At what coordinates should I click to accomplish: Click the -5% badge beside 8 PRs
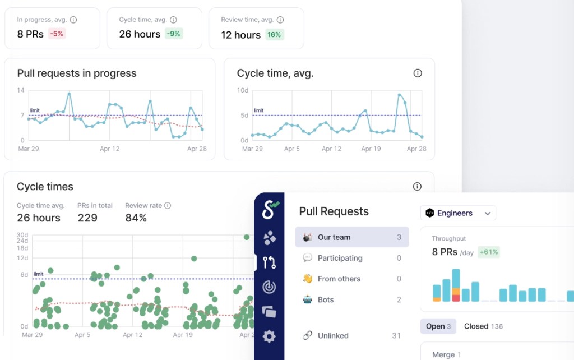click(x=57, y=34)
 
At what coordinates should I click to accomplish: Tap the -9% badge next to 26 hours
click(x=174, y=34)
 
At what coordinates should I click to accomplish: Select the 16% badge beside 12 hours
click(x=274, y=34)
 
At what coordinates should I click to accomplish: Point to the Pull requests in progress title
click(x=77, y=73)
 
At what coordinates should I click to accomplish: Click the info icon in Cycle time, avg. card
click(x=417, y=73)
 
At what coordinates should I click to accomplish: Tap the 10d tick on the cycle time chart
click(x=243, y=90)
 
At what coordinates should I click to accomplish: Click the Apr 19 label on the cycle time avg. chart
click(x=371, y=149)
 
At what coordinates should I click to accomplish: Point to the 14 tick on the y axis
click(x=21, y=90)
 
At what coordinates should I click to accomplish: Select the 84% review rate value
click(x=136, y=218)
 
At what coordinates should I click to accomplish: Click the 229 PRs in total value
click(x=87, y=218)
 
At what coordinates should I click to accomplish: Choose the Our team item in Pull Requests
click(x=351, y=237)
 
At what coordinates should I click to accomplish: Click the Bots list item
click(x=351, y=299)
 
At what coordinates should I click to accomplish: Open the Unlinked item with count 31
click(x=351, y=335)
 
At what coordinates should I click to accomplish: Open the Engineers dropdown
click(x=458, y=213)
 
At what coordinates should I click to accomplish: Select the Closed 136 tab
click(x=483, y=326)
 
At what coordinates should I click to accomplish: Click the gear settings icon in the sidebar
click(x=269, y=336)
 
